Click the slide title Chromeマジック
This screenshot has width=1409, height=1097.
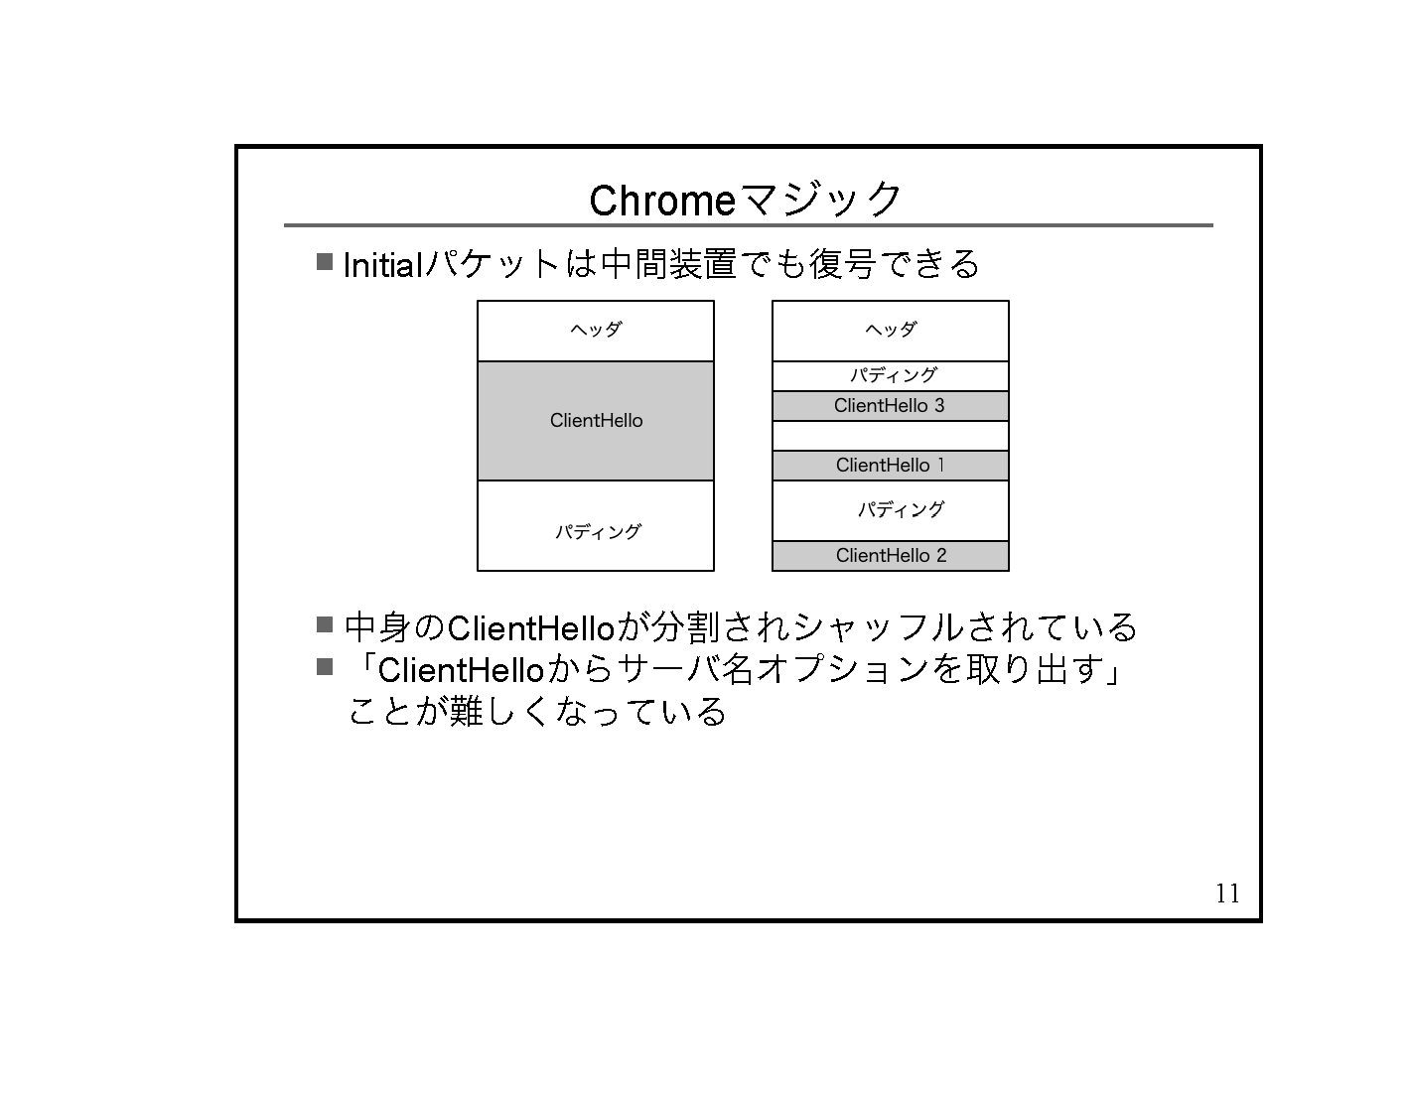pyautogui.click(x=746, y=201)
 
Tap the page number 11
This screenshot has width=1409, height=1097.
pyautogui.click(x=1227, y=893)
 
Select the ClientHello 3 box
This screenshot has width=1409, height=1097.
pyautogui.click(x=890, y=406)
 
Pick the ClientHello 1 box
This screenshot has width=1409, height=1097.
pyautogui.click(x=890, y=466)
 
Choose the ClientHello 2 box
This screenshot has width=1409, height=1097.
pyautogui.click(x=890, y=556)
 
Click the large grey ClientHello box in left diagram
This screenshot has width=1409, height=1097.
pyautogui.click(x=596, y=421)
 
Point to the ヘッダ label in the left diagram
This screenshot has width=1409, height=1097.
pyautogui.click(x=596, y=330)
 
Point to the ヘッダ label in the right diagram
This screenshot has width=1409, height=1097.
pyautogui.click(x=891, y=330)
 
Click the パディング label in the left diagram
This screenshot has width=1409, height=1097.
pyautogui.click(x=598, y=532)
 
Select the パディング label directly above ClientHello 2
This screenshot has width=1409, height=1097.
pyautogui.click(x=901, y=510)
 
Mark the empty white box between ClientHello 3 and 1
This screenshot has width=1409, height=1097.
pyautogui.click(x=890, y=436)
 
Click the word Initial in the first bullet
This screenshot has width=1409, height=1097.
pyautogui.click(x=382, y=266)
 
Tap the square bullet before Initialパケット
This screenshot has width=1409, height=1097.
pyautogui.click(x=324, y=262)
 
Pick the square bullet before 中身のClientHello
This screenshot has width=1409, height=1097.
pyautogui.click(x=324, y=624)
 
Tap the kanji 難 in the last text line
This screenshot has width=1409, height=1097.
pyautogui.click(x=466, y=712)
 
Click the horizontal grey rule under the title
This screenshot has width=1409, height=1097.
pyautogui.click(x=748, y=225)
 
